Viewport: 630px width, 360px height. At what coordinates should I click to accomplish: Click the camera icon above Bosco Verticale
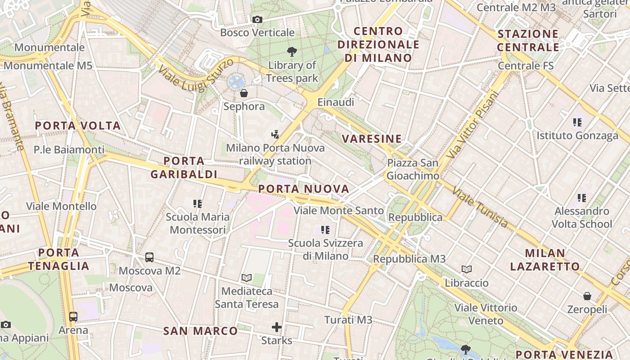pos(257,19)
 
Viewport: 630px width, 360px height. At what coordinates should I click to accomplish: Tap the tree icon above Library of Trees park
pos(292,52)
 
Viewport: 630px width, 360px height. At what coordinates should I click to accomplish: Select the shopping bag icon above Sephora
pos(243,93)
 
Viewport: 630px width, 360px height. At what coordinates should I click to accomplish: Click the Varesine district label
pos(372,139)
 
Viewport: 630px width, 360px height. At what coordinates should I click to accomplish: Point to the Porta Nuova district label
pos(304,189)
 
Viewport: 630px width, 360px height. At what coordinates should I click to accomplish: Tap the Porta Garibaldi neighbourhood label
pos(184,167)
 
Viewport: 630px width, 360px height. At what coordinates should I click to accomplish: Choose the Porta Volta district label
pos(78,126)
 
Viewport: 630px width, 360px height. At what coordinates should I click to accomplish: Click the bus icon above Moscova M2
pos(149,257)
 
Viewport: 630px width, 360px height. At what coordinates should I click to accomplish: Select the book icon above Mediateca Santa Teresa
pos(246,278)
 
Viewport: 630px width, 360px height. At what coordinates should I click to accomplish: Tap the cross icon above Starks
pos(277,327)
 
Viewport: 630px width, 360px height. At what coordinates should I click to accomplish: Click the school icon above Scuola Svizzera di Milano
pos(325,230)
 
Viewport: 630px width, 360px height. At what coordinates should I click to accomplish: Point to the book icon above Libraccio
pos(467,270)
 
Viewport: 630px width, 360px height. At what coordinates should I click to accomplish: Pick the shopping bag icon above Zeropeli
pos(587,296)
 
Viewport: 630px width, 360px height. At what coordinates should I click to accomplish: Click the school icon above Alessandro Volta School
pos(582,198)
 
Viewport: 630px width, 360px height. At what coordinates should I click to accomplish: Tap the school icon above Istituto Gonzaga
pos(577,122)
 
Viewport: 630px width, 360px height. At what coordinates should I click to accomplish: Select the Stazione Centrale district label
pos(528,40)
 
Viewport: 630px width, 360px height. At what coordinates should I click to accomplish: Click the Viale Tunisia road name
pos(480,207)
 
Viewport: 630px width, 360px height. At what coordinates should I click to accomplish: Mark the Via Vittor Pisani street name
pos(471,125)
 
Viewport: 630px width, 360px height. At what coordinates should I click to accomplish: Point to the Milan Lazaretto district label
pos(545,260)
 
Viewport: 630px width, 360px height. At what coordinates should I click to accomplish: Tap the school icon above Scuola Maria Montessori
pos(197,204)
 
